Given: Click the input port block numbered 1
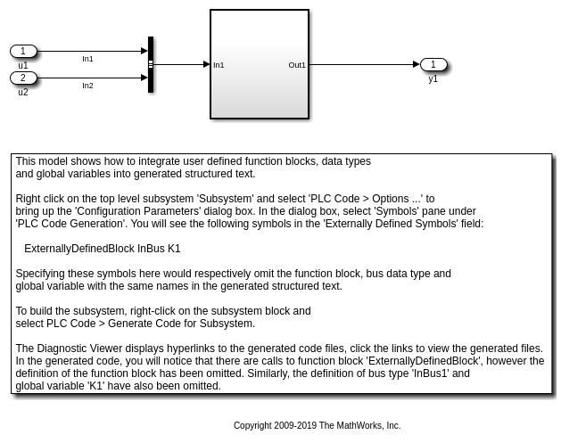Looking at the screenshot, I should pyautogui.click(x=23, y=52).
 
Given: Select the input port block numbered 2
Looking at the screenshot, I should pyautogui.click(x=23, y=78).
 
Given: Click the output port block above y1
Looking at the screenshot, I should pyautogui.click(x=433, y=64).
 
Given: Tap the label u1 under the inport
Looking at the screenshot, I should pyautogui.click(x=23, y=65).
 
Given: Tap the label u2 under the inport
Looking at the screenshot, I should pyautogui.click(x=23, y=92).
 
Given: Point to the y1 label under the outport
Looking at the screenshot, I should pyautogui.click(x=433, y=78).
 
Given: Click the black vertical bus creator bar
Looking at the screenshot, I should pyautogui.click(x=151, y=64).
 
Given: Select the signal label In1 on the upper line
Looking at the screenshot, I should pyautogui.click(x=87, y=59).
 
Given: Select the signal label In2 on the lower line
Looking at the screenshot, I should pyautogui.click(x=87, y=86).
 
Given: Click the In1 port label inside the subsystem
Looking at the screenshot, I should pyautogui.click(x=219, y=65).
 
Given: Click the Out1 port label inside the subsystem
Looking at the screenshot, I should pyautogui.click(x=297, y=65).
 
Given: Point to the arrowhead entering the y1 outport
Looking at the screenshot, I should pyautogui.click(x=417, y=64).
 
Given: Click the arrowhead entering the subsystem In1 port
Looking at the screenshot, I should pyautogui.click(x=207, y=64).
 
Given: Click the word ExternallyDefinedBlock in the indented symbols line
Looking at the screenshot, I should pyautogui.click(x=79, y=249).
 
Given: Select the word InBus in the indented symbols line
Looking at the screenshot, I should pyautogui.click(x=151, y=249).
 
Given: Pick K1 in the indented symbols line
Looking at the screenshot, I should pyautogui.click(x=174, y=249).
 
